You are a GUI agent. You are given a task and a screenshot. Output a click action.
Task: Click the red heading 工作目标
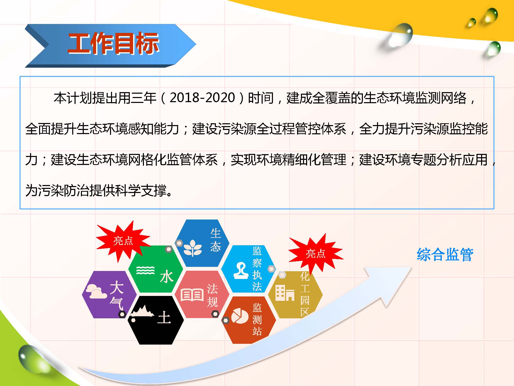click(x=113, y=43)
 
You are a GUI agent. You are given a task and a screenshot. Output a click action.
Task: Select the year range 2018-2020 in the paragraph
click(x=202, y=98)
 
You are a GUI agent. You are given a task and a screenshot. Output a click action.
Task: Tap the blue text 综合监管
click(x=445, y=255)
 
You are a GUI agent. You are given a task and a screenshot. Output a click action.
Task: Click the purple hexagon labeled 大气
click(x=109, y=295)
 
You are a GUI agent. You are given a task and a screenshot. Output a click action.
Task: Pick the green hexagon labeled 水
click(x=156, y=269)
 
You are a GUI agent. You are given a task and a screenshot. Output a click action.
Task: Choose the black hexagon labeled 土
click(x=156, y=320)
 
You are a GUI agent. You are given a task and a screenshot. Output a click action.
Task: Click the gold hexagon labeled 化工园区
click(x=295, y=295)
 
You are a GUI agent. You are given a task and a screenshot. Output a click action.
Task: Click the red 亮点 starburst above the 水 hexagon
click(x=123, y=241)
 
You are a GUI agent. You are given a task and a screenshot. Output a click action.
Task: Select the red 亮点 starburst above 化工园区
click(x=316, y=254)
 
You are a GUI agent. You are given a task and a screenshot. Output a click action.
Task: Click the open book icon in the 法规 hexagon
click(x=192, y=295)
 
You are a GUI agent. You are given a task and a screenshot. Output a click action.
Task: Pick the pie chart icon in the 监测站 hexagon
click(x=240, y=316)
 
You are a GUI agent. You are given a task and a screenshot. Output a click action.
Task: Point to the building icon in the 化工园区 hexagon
click(x=285, y=293)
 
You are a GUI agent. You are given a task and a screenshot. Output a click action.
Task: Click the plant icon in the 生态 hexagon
click(x=193, y=248)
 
